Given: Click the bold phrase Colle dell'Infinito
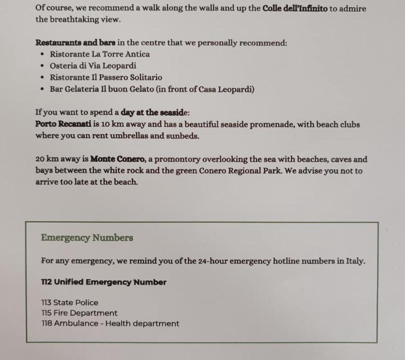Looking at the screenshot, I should coord(295,8).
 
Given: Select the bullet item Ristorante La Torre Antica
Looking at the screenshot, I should coord(99,54).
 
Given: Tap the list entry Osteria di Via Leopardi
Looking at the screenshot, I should coord(93,65).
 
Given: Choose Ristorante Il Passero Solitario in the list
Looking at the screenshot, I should coord(106,77).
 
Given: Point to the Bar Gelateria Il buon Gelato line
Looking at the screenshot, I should coord(152,89).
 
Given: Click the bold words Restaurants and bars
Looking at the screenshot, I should coord(75,42).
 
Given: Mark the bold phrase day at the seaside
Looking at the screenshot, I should coord(153,112).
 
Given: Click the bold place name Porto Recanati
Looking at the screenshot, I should coord(63,124).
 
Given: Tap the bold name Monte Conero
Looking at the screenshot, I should coord(118,159).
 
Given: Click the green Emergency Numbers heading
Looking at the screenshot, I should coord(87,238).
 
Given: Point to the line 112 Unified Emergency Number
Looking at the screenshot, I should coord(103,282).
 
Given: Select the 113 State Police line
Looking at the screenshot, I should coord(69,302).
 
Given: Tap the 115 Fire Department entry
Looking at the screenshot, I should coord(79,313).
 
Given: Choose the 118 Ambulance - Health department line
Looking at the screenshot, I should coord(110,323).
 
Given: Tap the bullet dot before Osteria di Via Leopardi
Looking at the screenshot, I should coord(42,66).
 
